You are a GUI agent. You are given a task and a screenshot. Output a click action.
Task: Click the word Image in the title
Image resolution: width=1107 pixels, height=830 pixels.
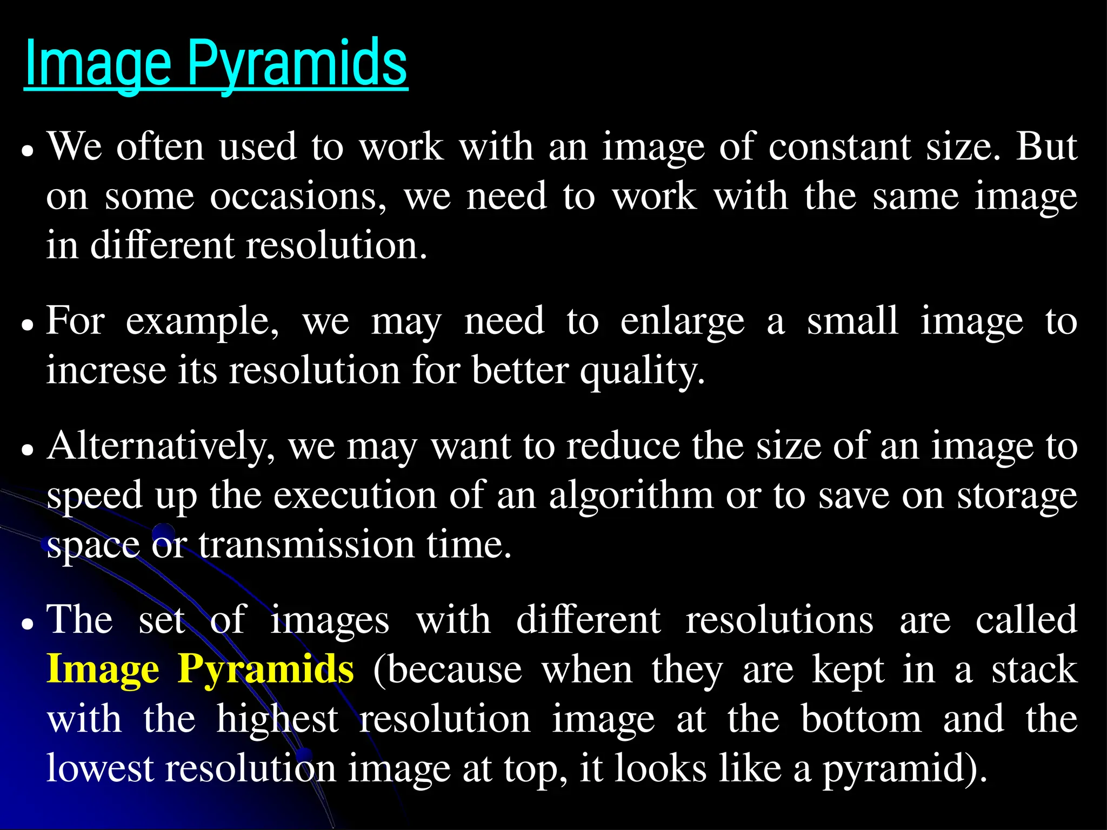[x=97, y=64]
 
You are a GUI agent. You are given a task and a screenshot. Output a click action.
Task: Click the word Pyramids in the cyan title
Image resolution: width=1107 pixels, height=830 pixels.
[x=297, y=64]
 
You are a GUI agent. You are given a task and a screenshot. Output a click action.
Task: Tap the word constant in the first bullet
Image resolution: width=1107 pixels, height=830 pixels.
[x=839, y=146]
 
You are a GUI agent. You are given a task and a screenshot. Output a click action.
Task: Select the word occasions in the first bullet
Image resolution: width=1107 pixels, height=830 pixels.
[x=298, y=196]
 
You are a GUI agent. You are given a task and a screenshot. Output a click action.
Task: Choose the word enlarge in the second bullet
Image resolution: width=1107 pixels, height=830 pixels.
[x=682, y=322]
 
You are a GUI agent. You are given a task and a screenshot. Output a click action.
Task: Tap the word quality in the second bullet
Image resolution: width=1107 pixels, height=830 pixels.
[x=642, y=371]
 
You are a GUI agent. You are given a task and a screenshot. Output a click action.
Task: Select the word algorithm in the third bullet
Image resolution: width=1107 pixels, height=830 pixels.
[x=631, y=496]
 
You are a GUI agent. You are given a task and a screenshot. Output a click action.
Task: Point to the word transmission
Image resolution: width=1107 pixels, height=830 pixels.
[x=306, y=545]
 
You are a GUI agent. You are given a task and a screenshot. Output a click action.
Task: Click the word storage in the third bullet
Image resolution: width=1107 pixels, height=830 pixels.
[x=1017, y=496]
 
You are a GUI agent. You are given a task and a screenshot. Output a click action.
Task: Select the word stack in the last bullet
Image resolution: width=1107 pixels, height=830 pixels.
[x=1034, y=670]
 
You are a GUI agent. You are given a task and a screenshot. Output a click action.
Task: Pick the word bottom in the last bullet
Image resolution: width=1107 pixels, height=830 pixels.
[x=861, y=719]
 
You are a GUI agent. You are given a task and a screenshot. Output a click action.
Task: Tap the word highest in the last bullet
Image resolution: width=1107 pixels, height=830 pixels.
[x=277, y=719]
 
